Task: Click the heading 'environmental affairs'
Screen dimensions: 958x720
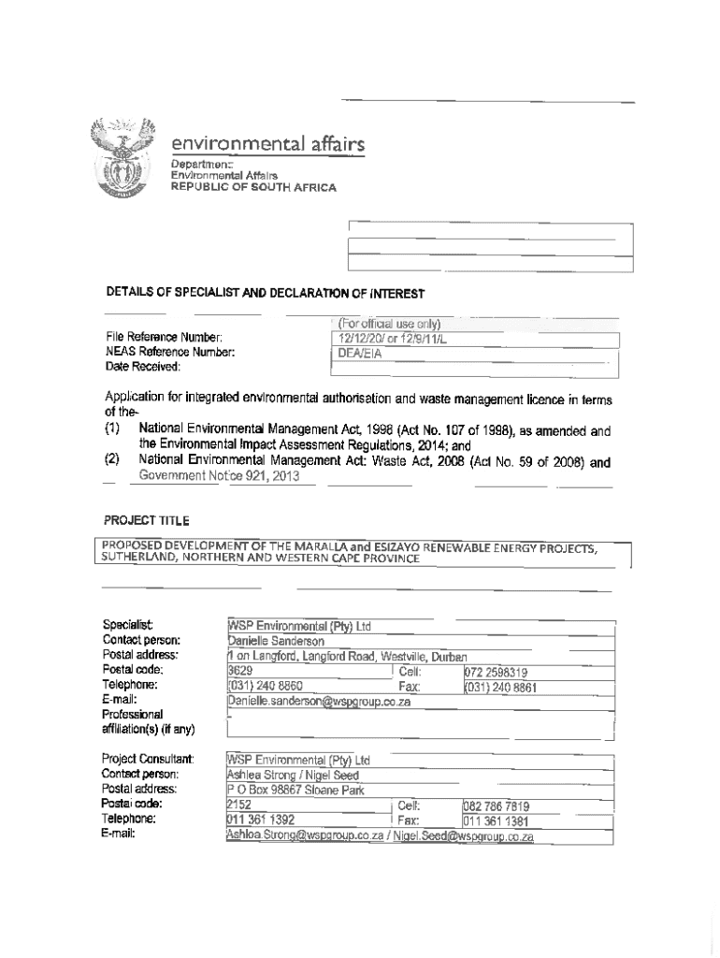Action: point(266,144)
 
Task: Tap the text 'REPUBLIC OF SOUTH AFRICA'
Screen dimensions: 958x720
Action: point(252,186)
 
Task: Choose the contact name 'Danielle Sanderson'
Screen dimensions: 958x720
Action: point(277,641)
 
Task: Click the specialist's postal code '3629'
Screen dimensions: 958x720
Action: point(240,671)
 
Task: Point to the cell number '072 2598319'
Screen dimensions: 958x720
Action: point(497,672)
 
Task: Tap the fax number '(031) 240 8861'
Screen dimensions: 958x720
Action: point(500,687)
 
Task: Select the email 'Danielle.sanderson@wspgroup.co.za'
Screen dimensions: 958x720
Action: point(319,701)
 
